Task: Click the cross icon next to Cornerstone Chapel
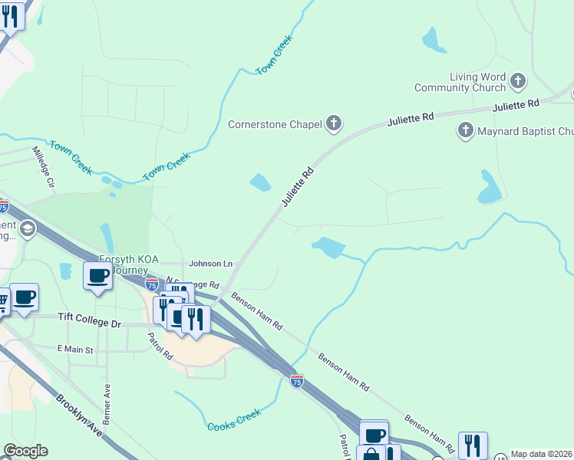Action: click(x=334, y=123)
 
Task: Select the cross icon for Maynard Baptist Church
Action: click(x=465, y=130)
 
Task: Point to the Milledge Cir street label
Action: click(x=44, y=168)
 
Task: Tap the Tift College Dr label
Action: click(x=90, y=324)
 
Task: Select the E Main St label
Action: click(x=75, y=350)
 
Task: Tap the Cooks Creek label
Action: click(x=234, y=419)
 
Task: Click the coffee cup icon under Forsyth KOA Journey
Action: click(x=98, y=276)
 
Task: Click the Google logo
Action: click(x=25, y=451)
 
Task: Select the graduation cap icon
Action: click(x=28, y=229)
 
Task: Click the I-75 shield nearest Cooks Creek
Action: click(x=296, y=380)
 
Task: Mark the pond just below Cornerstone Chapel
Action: click(x=260, y=182)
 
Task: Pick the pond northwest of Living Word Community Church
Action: click(x=432, y=40)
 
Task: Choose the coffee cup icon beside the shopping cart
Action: click(x=24, y=297)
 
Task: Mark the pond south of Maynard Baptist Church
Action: click(x=489, y=188)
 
